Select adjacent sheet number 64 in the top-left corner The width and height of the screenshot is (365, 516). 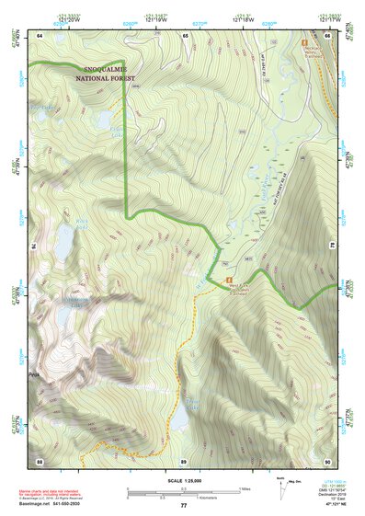[40, 35]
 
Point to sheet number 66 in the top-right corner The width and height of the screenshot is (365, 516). [327, 35]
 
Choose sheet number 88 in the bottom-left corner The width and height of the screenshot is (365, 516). [40, 460]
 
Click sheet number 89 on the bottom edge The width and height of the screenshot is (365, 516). [183, 460]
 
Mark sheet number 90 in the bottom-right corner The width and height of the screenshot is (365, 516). [327, 460]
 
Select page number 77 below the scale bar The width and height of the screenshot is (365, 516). [183, 505]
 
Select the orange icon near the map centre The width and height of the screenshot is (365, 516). [229, 269]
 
